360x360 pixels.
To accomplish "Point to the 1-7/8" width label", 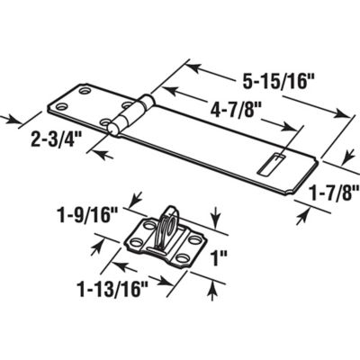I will [329, 191].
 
